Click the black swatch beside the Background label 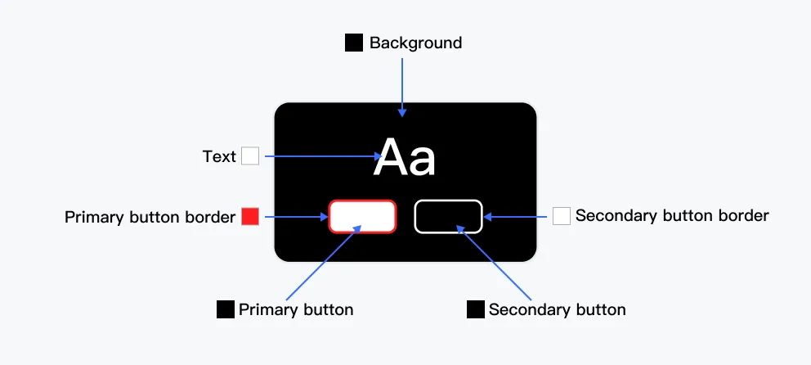(x=354, y=43)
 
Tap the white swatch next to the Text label (x=250, y=156)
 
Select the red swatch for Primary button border (x=250, y=217)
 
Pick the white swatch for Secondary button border (x=562, y=216)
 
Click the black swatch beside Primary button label (x=226, y=310)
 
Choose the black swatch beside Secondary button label (x=476, y=310)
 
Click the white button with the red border (x=362, y=216)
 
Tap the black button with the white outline (x=448, y=216)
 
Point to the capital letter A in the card (x=390, y=158)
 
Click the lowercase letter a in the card (x=422, y=162)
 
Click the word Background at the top (x=415, y=43)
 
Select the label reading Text (x=219, y=156)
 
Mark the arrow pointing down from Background (x=402, y=86)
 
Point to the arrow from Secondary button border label (x=518, y=217)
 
